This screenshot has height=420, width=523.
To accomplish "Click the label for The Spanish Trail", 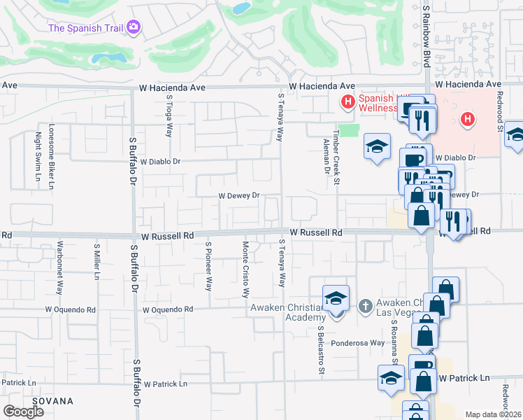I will point(86,29).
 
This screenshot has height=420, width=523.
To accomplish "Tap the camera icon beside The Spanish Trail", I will point(134,28).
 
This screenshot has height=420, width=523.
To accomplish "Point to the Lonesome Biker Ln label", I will point(51,157).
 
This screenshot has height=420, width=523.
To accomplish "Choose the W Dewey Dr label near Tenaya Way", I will point(239,196).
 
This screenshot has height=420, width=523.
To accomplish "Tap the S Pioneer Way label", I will point(208,266).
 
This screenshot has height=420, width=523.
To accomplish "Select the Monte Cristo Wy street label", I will point(245,269).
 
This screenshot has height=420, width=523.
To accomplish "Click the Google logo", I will point(23,412).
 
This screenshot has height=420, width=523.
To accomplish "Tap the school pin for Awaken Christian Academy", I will point(336,299).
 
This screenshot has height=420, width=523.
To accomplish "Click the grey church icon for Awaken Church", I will point(364,306).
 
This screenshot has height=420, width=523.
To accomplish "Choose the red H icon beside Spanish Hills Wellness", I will point(348,103).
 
